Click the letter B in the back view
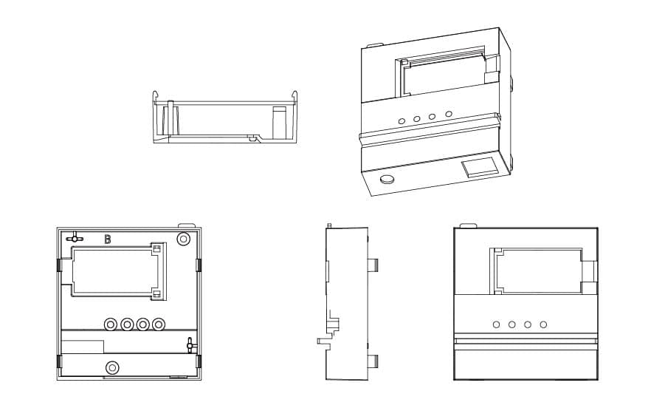click(108, 239)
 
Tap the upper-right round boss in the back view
click(184, 238)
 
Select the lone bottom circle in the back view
click(112, 367)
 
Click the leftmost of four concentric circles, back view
click(111, 324)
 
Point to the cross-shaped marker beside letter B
click(74, 238)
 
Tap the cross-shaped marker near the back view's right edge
click(190, 344)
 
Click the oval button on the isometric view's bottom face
click(386, 178)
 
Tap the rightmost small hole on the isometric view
click(448, 114)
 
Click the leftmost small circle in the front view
click(496, 324)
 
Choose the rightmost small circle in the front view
click(543, 324)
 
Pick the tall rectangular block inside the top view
click(279, 121)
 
